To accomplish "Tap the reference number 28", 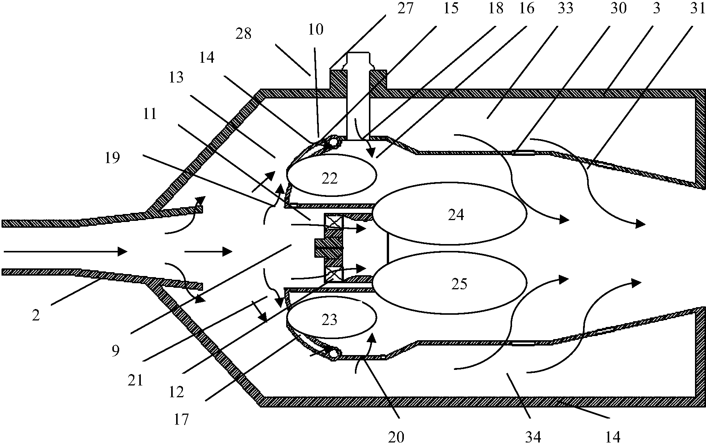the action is click(243, 34).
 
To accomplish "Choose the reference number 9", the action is click(115, 350).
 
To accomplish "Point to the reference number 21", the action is click(135, 380).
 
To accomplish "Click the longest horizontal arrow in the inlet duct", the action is click(65, 251).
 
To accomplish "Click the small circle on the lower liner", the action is click(334, 354).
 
